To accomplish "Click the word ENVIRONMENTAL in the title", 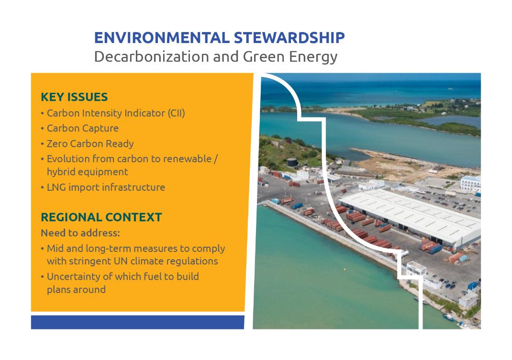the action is pyautogui.click(x=162, y=38).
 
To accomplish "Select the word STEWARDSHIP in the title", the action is pyautogui.click(x=289, y=38).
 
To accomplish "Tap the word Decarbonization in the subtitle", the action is pyautogui.click(x=151, y=56).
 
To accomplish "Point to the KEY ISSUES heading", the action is pyautogui.click(x=74, y=97).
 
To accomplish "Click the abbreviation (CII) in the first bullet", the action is pyautogui.click(x=176, y=113).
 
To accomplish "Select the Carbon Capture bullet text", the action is pyautogui.click(x=83, y=128).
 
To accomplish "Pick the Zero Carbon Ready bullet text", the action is pyautogui.click(x=90, y=143).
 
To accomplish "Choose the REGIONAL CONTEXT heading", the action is pyautogui.click(x=101, y=218).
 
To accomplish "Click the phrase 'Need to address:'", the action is pyautogui.click(x=80, y=233).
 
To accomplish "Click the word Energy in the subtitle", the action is pyautogui.click(x=313, y=57).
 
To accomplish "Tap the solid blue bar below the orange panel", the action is pyautogui.click(x=137, y=322).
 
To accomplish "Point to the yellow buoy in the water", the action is pyautogui.click(x=344, y=269).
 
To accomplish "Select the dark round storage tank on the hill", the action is pyautogui.click(x=292, y=162).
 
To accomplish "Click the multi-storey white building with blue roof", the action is pyautogui.click(x=470, y=184).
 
